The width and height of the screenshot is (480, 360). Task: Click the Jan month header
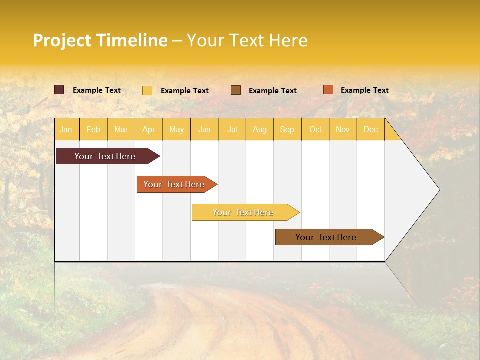click(x=66, y=129)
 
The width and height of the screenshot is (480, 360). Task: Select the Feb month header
click(x=93, y=129)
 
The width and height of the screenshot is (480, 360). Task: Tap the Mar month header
click(x=121, y=129)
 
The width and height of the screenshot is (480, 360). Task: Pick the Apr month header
click(x=149, y=129)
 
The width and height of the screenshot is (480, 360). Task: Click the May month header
click(x=176, y=129)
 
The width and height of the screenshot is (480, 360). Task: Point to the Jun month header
click(x=204, y=129)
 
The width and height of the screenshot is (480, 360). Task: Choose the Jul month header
click(x=232, y=129)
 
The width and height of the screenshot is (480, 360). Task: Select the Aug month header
click(x=260, y=129)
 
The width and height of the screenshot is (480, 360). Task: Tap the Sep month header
click(x=287, y=129)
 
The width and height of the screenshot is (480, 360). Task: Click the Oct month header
click(x=315, y=129)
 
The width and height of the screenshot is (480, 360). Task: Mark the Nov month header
click(x=343, y=129)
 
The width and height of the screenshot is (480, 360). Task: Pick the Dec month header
click(x=371, y=129)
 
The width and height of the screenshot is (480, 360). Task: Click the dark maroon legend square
click(x=59, y=90)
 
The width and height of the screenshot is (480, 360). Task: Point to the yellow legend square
click(x=147, y=90)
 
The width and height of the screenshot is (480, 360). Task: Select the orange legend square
click(x=328, y=90)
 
